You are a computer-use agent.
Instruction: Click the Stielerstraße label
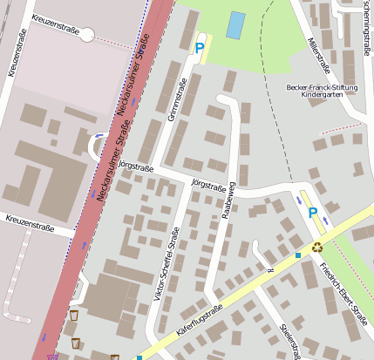coord(290,337)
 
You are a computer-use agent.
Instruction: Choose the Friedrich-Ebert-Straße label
coord(342,294)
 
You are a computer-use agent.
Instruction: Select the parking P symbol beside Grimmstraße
coord(201,50)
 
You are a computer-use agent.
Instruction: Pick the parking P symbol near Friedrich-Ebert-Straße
coord(312,211)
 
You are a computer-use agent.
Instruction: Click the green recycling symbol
coord(317,247)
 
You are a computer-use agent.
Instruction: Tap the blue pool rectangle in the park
coord(235,25)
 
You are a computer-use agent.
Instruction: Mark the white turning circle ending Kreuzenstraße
coord(86,34)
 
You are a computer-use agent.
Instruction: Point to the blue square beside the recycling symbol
coord(298,255)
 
